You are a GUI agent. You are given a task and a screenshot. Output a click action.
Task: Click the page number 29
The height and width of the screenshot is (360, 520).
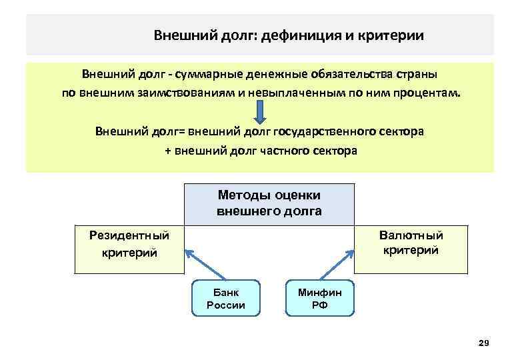484,343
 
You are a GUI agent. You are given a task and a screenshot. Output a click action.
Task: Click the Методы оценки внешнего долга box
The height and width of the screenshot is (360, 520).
269,203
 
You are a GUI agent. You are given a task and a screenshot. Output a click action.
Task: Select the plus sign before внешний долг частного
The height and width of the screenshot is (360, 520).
168,151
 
